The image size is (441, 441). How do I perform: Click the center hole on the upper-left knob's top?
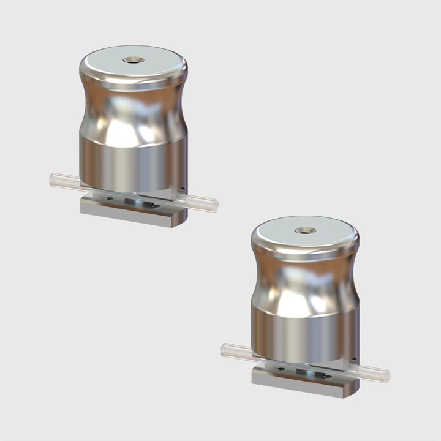pos(133,60)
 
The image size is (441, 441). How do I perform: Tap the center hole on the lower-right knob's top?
pos(304,231)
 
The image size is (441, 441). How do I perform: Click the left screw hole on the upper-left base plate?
pos(108,198)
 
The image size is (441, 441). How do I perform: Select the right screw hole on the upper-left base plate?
pos(156,206)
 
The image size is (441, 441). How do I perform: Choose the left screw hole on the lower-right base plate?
pos(280,369)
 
